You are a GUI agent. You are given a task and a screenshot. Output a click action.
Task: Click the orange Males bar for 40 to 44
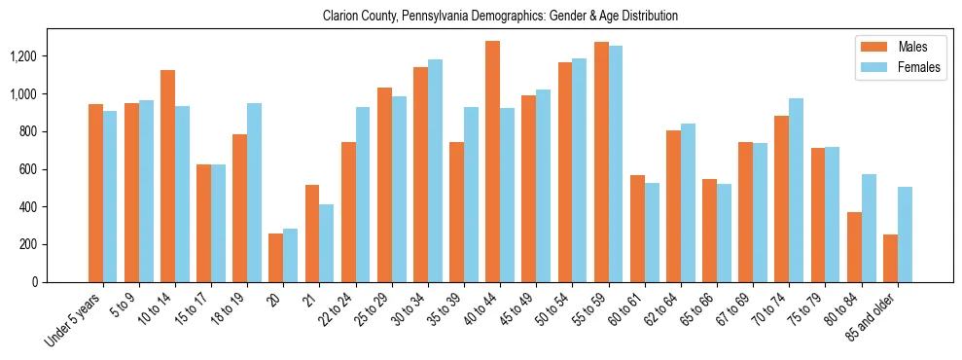tap(492, 162)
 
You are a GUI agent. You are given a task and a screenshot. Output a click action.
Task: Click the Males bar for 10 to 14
tap(167, 176)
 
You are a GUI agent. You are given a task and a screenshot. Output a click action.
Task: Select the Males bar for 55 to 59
tap(601, 162)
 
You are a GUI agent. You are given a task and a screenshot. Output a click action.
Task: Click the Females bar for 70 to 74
tap(797, 191)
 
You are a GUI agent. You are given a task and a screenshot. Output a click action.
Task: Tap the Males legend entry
tap(899, 47)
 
